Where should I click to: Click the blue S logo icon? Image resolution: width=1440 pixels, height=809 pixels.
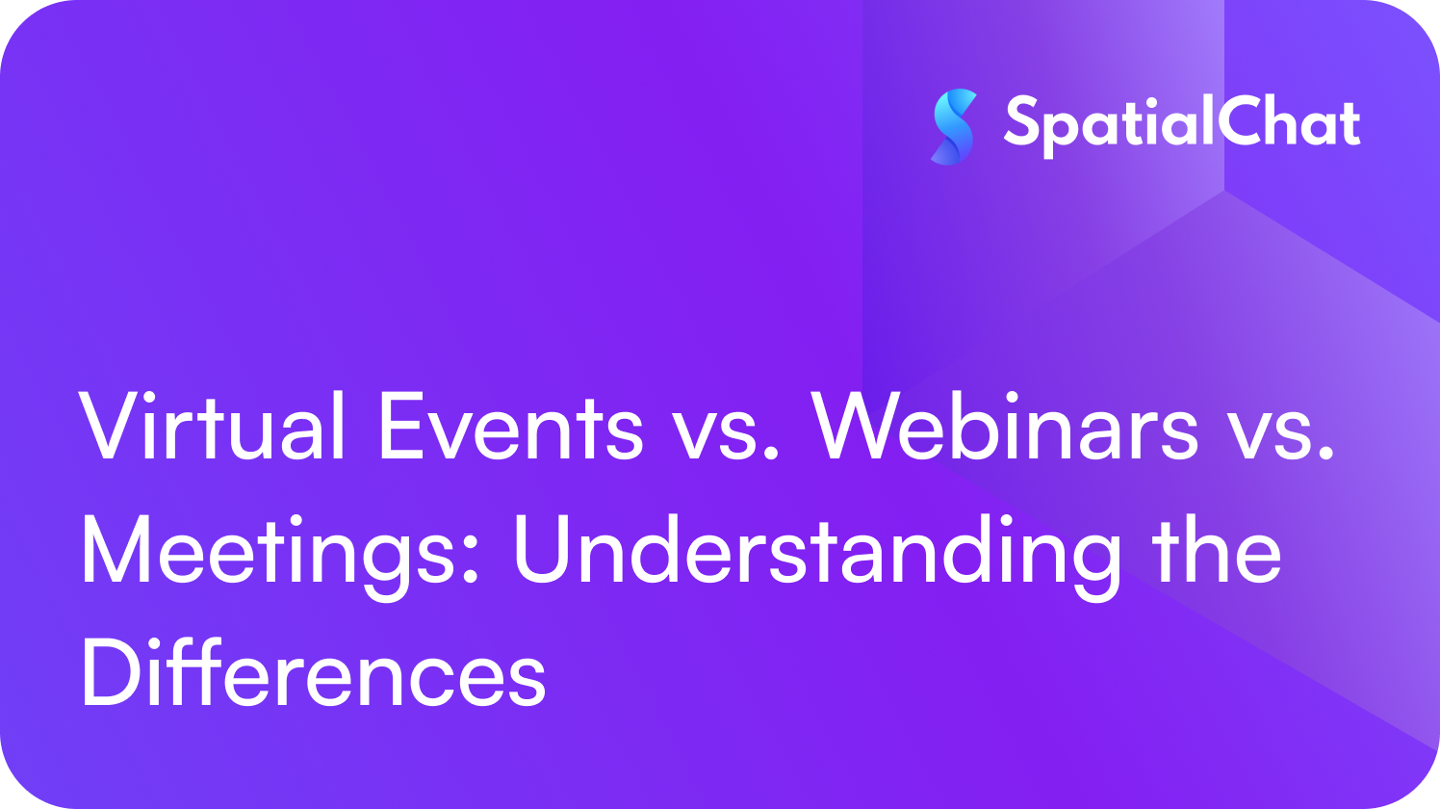[x=954, y=126]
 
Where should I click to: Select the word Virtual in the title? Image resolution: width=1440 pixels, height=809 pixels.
[x=212, y=427]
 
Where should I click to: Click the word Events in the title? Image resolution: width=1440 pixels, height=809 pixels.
[x=510, y=427]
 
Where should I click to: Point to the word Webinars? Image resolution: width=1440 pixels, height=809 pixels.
[x=1006, y=427]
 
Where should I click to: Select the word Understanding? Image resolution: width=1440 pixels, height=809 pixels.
[x=816, y=552]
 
